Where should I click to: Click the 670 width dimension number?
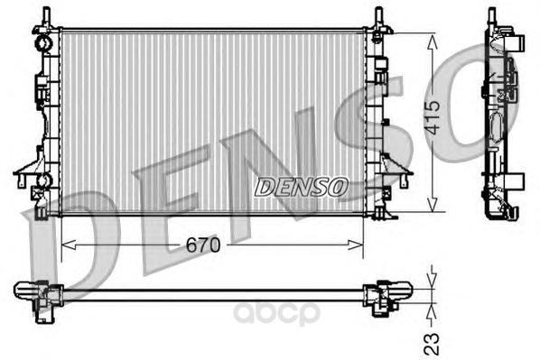click(202, 245)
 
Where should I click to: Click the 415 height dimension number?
click(433, 117)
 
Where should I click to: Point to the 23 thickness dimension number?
click(433, 344)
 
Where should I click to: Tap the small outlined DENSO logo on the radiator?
click(301, 187)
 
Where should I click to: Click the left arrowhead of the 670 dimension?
click(69, 245)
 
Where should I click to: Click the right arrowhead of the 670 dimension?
click(356, 245)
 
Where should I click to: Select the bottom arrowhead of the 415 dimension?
click(433, 204)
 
